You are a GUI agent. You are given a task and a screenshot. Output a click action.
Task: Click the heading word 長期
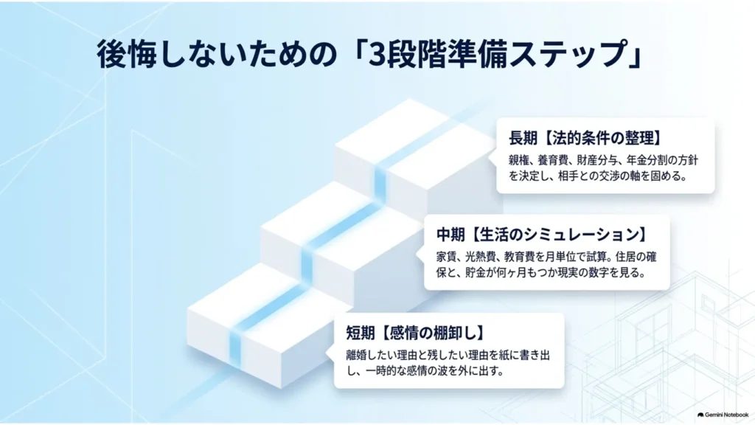(523, 138)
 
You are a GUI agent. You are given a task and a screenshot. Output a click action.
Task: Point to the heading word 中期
(450, 235)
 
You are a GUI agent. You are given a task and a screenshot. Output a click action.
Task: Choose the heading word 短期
(360, 333)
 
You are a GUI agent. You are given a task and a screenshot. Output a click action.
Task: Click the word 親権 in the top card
(519, 160)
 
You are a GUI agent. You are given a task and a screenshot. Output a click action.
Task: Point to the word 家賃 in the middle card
(447, 256)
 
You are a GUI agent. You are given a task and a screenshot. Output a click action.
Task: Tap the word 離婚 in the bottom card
(356, 355)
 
